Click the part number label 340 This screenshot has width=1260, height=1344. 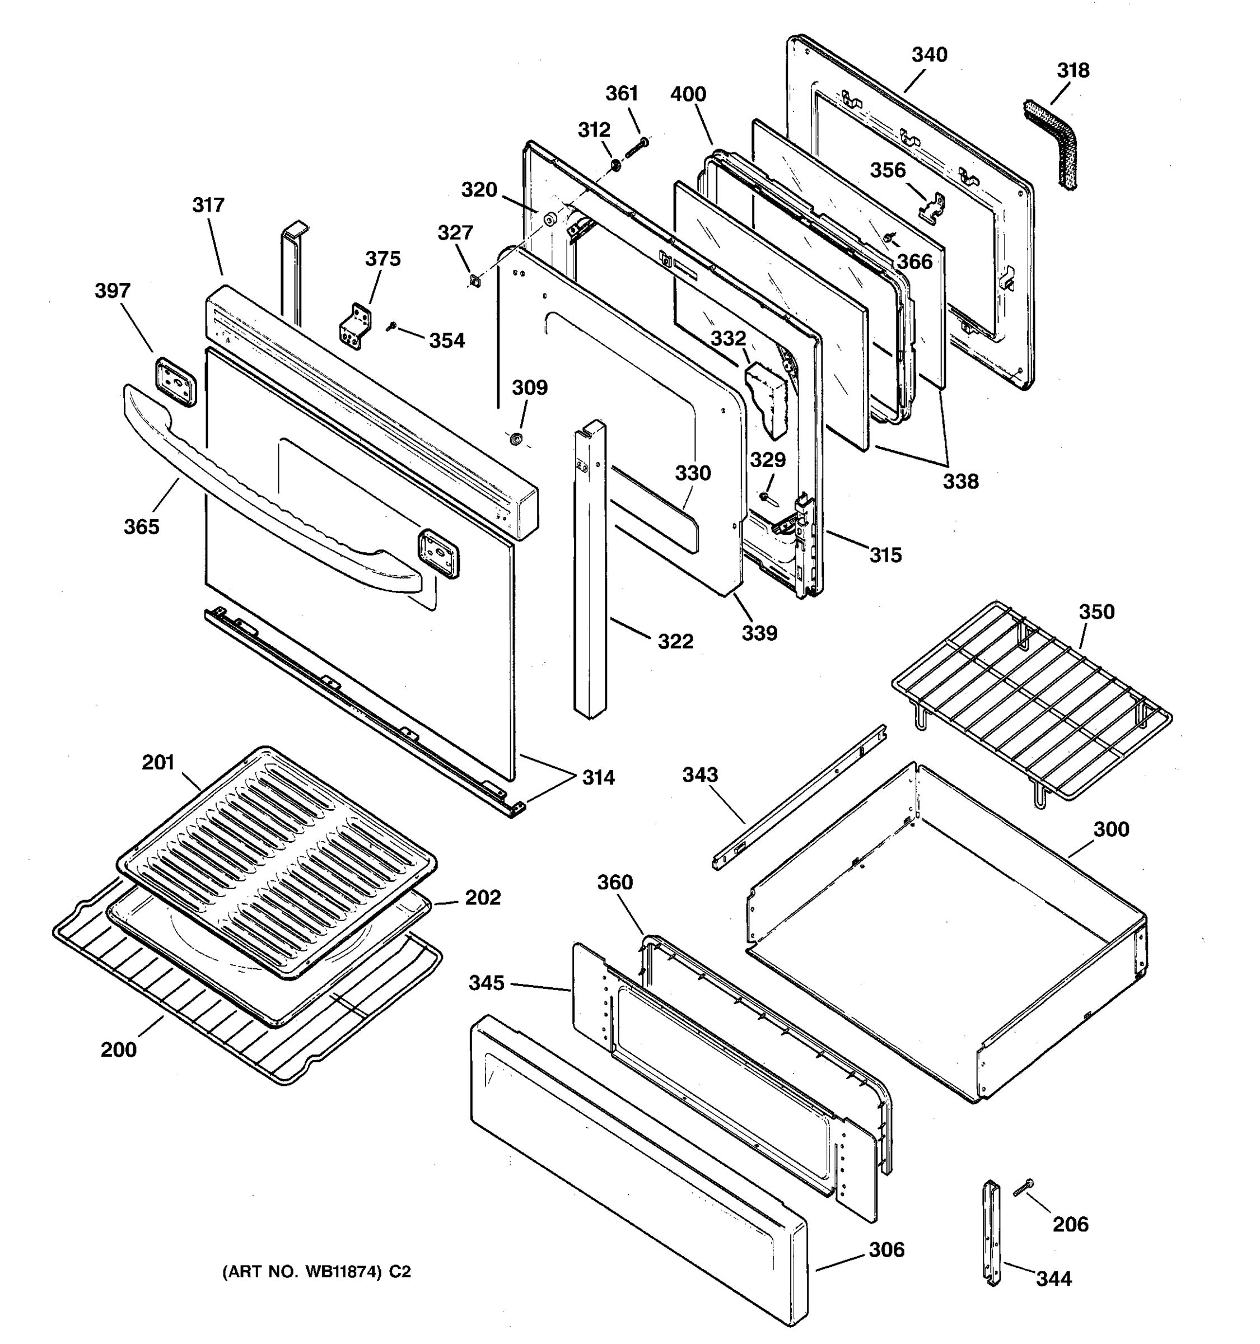click(929, 55)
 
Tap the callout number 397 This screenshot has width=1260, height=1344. click(112, 291)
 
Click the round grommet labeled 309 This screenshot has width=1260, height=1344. click(516, 440)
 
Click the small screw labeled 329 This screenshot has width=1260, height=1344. click(764, 497)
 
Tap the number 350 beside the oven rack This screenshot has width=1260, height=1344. click(1096, 612)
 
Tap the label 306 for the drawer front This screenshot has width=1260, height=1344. click(885, 1249)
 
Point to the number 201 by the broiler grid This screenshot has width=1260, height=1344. click(158, 763)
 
